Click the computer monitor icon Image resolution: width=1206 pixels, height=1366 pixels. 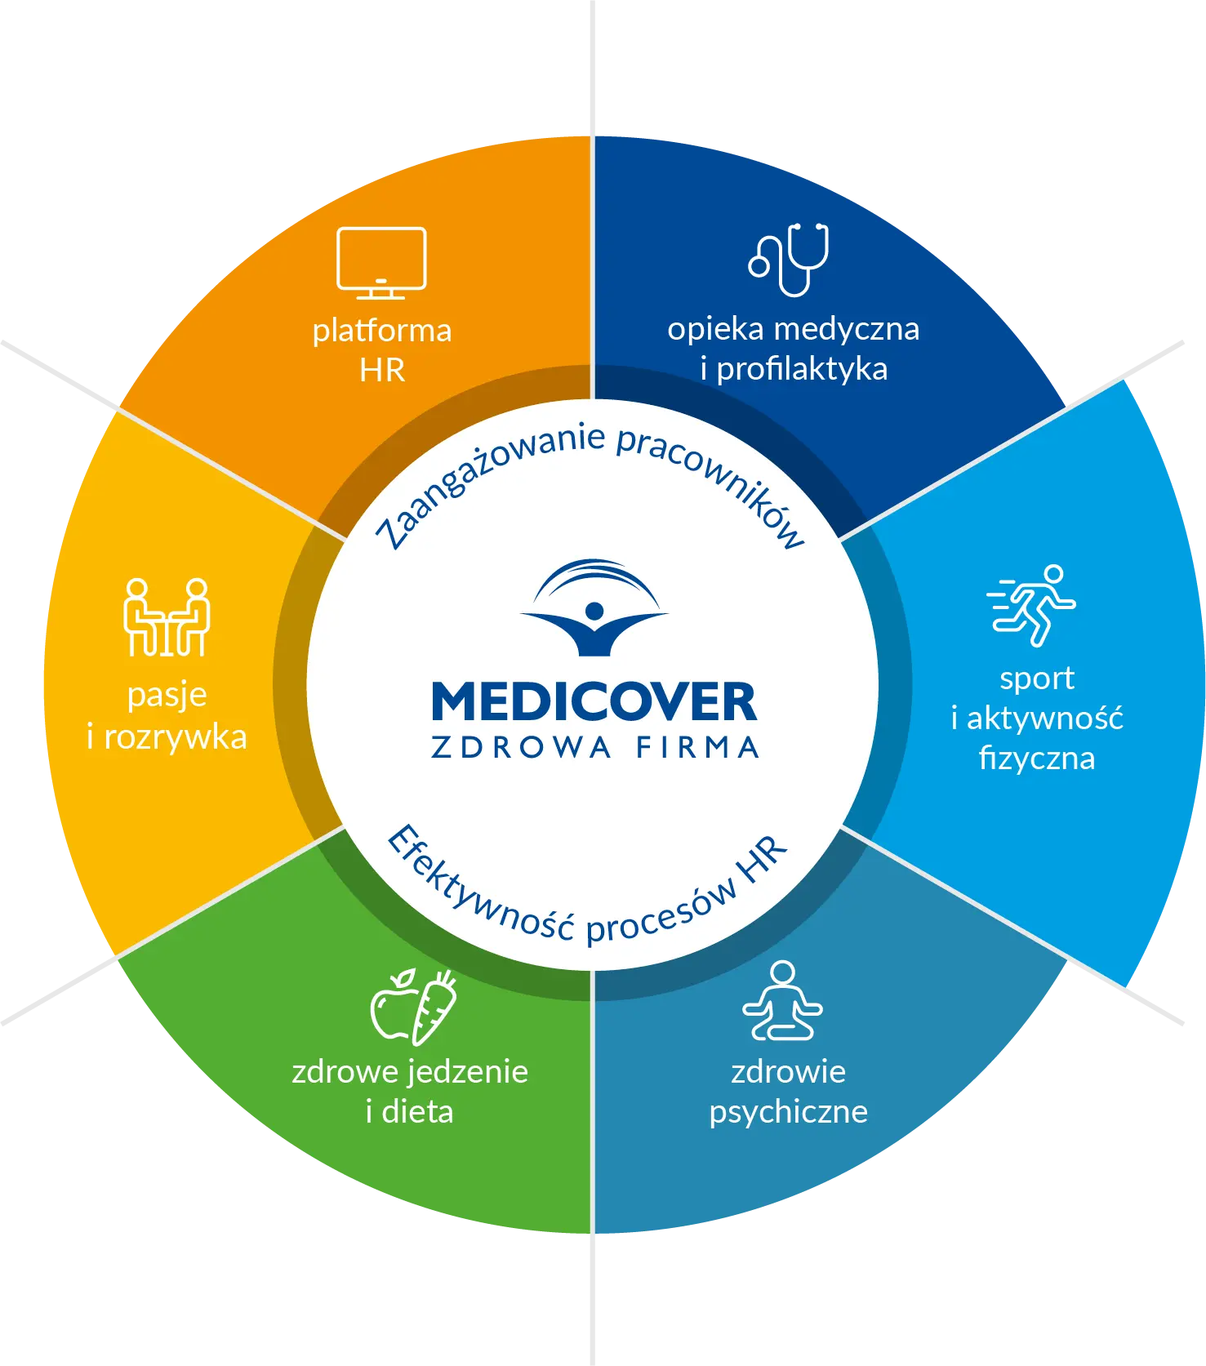(x=381, y=262)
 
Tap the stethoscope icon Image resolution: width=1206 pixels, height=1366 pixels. (x=789, y=259)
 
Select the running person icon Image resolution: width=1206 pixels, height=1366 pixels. (x=1032, y=605)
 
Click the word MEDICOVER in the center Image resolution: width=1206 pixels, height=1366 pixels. (x=594, y=702)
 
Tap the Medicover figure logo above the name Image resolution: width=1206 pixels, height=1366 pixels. (x=594, y=608)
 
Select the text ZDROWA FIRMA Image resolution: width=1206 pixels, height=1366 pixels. (x=594, y=748)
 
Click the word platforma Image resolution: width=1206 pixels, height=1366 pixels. (x=382, y=331)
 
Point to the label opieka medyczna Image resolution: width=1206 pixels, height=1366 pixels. (x=793, y=329)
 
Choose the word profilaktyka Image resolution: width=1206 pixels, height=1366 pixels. (x=801, y=369)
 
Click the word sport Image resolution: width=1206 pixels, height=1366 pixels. (x=1037, y=679)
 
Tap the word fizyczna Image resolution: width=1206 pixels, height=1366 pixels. (x=1037, y=759)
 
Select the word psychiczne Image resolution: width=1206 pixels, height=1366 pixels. (x=788, y=1112)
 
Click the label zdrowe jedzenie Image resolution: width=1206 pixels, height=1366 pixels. (x=410, y=1071)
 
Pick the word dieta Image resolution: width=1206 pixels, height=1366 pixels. (x=417, y=1112)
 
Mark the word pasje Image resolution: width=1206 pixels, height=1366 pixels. (x=167, y=696)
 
